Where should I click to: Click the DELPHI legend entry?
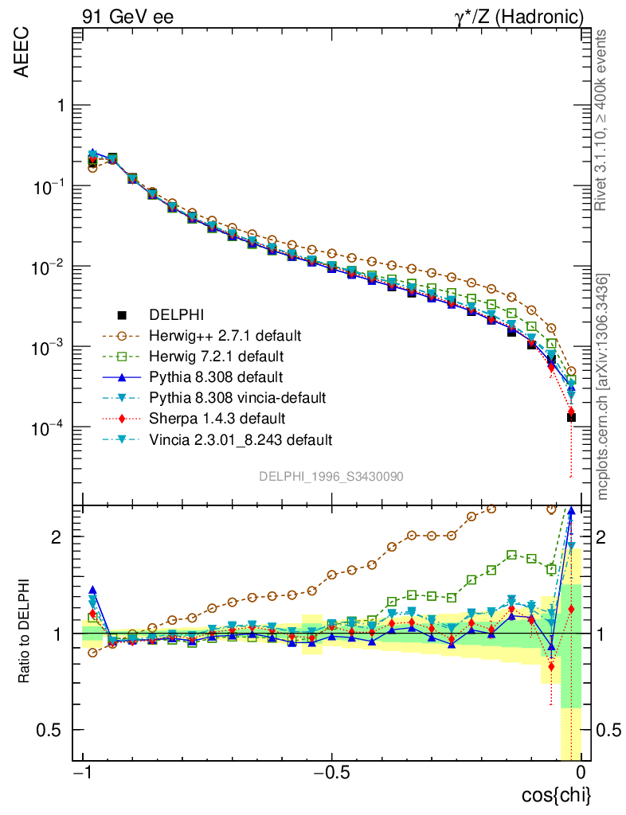(x=184, y=314)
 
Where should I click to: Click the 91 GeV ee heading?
(x=127, y=15)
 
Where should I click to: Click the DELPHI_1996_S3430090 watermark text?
(x=331, y=476)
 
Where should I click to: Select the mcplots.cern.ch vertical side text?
(x=603, y=387)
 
